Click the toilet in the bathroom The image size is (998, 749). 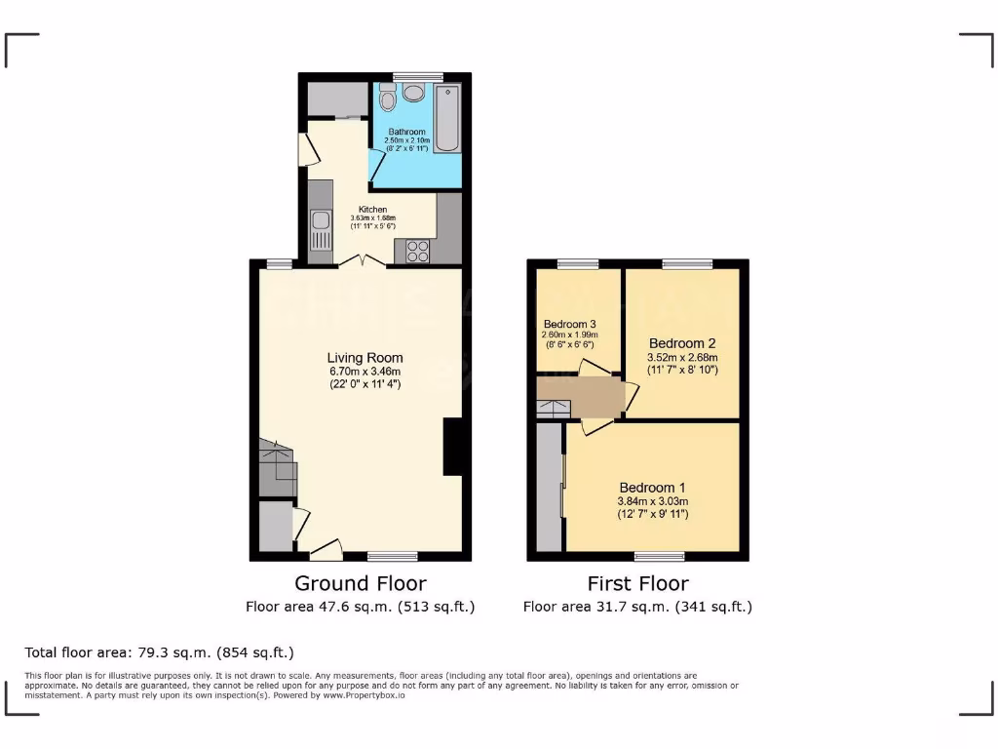[388, 99]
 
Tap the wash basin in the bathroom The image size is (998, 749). [414, 93]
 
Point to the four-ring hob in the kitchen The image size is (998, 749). [418, 251]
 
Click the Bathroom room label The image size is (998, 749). [406, 132]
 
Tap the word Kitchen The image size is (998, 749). [372, 210]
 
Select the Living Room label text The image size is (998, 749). [365, 358]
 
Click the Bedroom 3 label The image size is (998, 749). [570, 325]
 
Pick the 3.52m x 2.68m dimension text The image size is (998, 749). [682, 357]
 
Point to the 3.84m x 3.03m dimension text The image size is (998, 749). [653, 501]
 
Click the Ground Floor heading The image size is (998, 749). [361, 583]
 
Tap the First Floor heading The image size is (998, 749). [637, 583]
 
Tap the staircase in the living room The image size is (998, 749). [277, 467]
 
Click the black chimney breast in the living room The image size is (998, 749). [452, 447]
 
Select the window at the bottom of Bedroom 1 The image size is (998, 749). [659, 556]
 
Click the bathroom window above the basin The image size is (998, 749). [418, 76]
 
